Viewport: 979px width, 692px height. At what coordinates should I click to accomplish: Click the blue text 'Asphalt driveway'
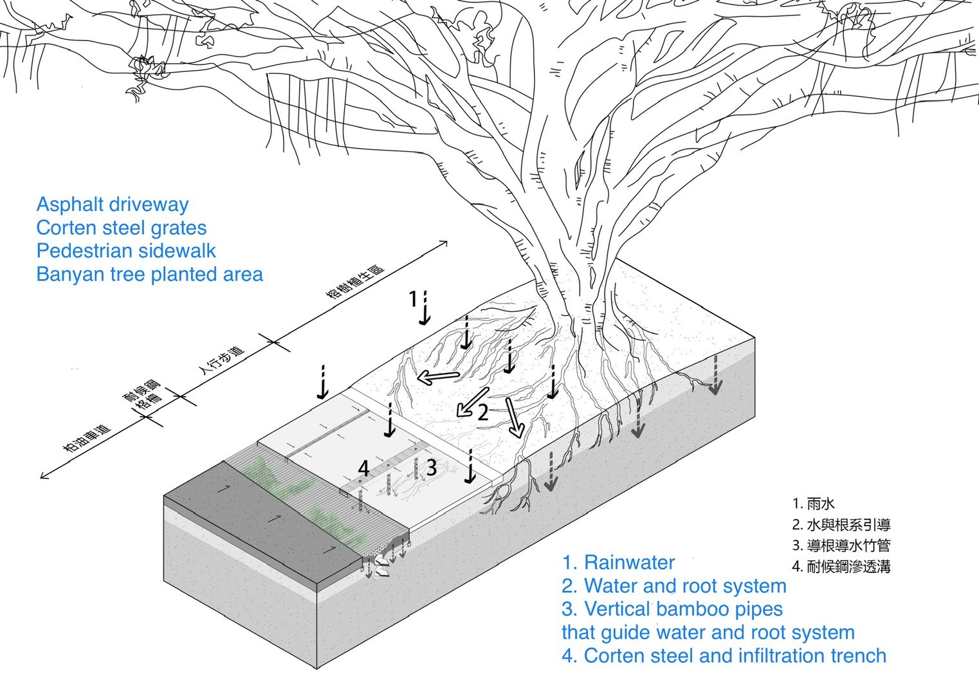click(x=113, y=205)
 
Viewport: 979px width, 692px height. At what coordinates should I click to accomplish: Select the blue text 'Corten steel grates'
click(x=122, y=228)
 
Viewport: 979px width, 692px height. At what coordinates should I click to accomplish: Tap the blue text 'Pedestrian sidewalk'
click(x=126, y=251)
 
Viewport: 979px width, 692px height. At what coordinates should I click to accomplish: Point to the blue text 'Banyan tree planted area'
click(x=149, y=275)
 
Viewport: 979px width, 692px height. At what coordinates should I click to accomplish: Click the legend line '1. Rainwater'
click(x=618, y=563)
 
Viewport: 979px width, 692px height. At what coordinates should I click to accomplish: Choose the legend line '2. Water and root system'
click(x=673, y=586)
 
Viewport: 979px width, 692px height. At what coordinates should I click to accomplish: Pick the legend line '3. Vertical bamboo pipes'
click(x=672, y=609)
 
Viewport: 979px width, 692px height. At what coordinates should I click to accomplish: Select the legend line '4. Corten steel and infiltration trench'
click(x=724, y=656)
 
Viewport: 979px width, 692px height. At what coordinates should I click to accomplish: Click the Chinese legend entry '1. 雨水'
click(x=813, y=504)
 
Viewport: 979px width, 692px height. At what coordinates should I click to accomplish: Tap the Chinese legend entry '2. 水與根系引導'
click(x=841, y=525)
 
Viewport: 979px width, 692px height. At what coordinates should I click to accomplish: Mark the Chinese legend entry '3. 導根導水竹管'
click(x=841, y=545)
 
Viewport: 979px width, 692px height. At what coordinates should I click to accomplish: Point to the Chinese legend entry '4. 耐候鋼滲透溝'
click(x=841, y=567)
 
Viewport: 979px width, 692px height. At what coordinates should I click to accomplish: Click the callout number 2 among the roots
click(x=482, y=412)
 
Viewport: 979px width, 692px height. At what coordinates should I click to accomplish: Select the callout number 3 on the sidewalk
click(x=431, y=468)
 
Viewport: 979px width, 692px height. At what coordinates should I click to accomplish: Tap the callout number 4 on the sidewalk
click(x=363, y=468)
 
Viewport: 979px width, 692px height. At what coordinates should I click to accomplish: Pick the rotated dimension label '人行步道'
click(x=222, y=361)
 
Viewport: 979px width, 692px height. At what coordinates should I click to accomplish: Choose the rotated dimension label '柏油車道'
click(x=87, y=438)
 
